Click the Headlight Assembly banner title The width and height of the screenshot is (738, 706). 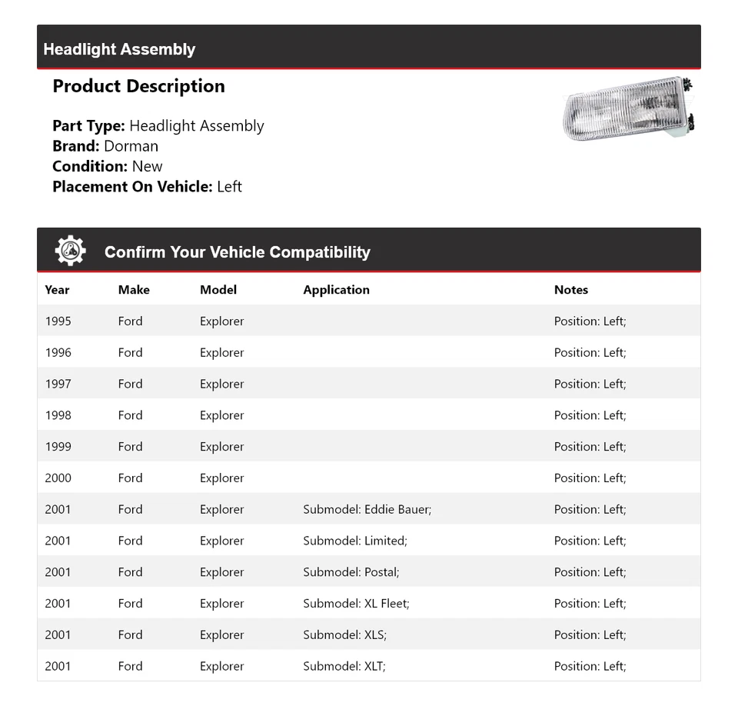pyautogui.click(x=119, y=49)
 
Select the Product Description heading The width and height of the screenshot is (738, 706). pyautogui.click(x=138, y=86)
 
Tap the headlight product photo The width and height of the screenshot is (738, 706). pyautogui.click(x=629, y=110)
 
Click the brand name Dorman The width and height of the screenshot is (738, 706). pyautogui.click(x=131, y=146)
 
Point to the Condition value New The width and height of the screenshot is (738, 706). pyautogui.click(x=147, y=166)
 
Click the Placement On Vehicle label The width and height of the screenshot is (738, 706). pyautogui.click(x=132, y=186)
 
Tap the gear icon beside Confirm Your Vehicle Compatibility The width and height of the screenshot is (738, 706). pyautogui.click(x=70, y=251)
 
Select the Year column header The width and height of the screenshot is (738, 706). pyautogui.click(x=57, y=290)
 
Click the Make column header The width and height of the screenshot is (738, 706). pyautogui.click(x=134, y=290)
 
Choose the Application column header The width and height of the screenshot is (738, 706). pyautogui.click(x=336, y=290)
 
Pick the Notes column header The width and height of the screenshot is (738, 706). pyautogui.click(x=570, y=290)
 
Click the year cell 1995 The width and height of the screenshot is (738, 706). pyautogui.click(x=58, y=321)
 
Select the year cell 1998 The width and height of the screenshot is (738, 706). pyautogui.click(x=58, y=415)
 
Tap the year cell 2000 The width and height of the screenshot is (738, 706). pyautogui.click(x=58, y=478)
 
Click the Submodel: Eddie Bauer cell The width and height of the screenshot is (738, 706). pyautogui.click(x=367, y=509)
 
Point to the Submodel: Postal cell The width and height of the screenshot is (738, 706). pyautogui.click(x=351, y=572)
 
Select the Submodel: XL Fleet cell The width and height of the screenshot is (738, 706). pyautogui.click(x=356, y=604)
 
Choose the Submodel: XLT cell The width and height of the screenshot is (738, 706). pyautogui.click(x=344, y=666)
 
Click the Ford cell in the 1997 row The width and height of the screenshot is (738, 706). pyautogui.click(x=130, y=384)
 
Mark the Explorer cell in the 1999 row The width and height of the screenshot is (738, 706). pyautogui.click(x=221, y=447)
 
